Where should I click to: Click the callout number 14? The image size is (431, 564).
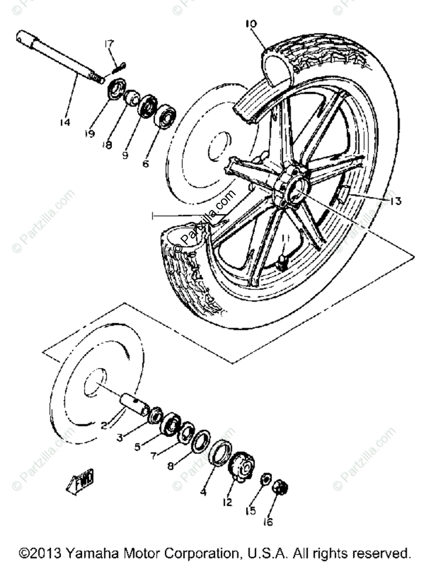(64, 123)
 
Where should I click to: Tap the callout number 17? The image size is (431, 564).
(109, 45)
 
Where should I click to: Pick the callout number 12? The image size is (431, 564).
(228, 502)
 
